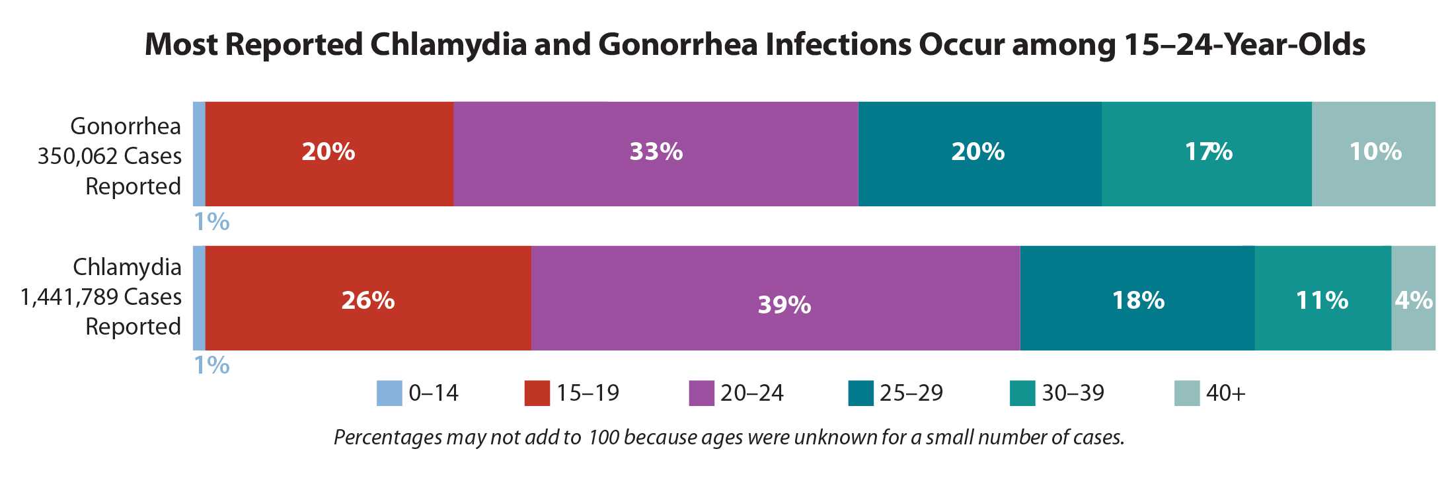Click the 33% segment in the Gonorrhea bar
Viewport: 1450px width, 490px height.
tap(656, 153)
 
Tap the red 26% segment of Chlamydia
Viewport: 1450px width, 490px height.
tap(368, 298)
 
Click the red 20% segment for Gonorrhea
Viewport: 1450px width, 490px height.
tap(329, 153)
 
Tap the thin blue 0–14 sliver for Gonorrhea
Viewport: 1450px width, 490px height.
tap(199, 153)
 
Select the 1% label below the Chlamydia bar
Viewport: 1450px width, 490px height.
tap(211, 365)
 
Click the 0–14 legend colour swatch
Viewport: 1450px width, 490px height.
tap(389, 393)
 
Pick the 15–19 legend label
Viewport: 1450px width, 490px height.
tap(588, 393)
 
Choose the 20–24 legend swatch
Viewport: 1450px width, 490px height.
tap(701, 393)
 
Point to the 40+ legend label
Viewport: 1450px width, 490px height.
tap(1225, 393)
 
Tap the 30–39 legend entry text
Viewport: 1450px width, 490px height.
tap(1073, 393)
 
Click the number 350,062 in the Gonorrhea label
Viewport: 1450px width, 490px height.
tap(73, 156)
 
